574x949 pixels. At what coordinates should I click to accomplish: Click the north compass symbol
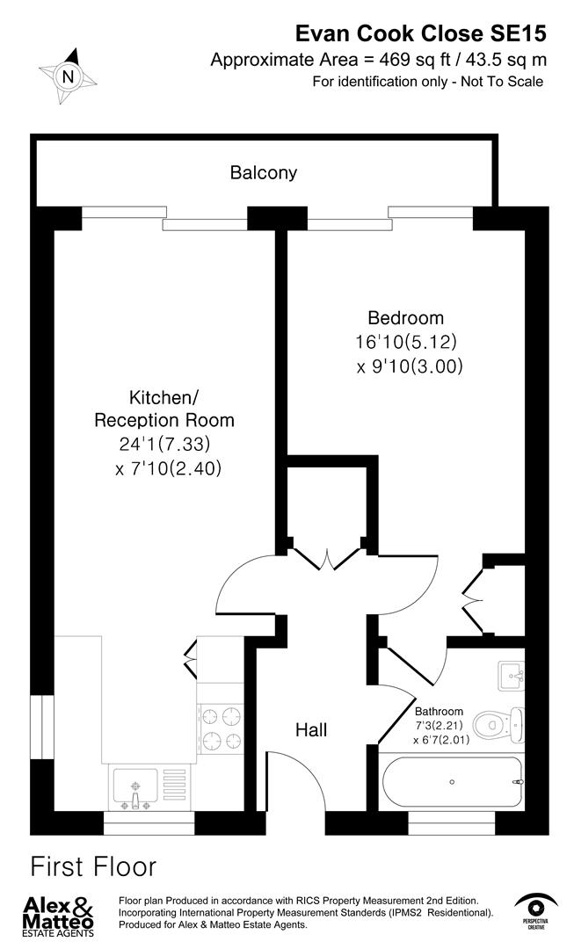click(68, 76)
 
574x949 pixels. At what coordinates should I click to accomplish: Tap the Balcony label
click(263, 173)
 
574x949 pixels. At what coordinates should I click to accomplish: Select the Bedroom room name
click(405, 318)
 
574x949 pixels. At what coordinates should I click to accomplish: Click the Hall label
click(311, 729)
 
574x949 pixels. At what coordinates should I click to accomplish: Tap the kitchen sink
click(134, 787)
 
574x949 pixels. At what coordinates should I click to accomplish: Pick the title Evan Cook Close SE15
click(419, 34)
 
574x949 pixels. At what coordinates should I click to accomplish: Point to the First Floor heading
click(93, 867)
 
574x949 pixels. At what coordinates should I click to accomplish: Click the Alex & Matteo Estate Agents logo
click(58, 914)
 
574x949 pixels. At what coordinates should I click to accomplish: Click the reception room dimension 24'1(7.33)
click(164, 445)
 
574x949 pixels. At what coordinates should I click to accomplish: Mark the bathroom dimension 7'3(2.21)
click(439, 726)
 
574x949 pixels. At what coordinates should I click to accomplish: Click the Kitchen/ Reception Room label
click(164, 408)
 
